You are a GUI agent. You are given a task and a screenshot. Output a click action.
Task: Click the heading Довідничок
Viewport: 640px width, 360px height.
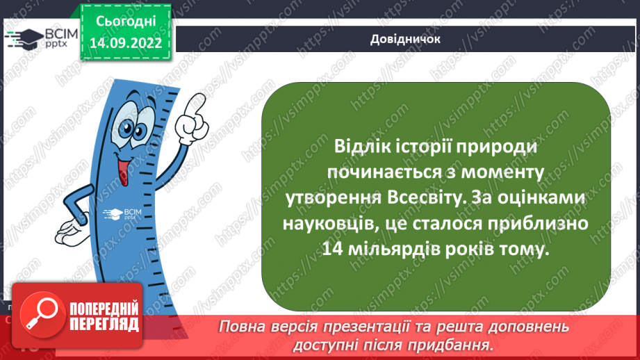(405, 40)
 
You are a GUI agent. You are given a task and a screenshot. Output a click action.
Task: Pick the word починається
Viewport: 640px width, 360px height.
(377, 173)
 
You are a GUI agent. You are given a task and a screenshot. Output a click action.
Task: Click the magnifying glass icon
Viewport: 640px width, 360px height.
(40, 317)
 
